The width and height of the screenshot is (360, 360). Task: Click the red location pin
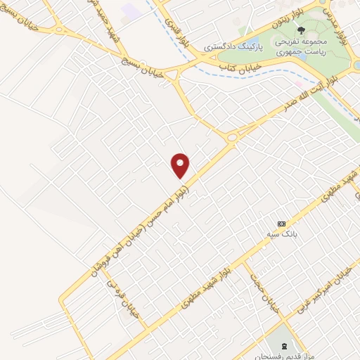tap(181, 165)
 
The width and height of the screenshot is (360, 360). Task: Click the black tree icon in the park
tap(301, 30)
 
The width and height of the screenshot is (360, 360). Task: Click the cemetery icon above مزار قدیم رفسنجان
tap(283, 345)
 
